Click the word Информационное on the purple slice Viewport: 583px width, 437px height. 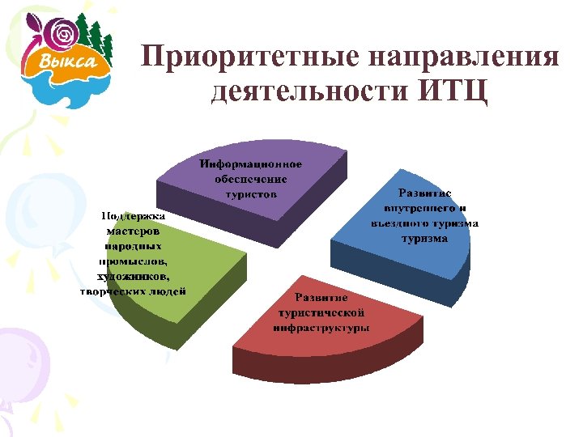point(252,164)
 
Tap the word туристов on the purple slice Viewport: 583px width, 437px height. point(252,194)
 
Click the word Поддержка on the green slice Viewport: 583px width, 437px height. point(133,216)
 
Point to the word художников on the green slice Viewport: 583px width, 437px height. point(134,276)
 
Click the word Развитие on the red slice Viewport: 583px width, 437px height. point(321,298)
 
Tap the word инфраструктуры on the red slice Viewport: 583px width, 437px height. point(321,328)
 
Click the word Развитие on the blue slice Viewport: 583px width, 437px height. point(424,193)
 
